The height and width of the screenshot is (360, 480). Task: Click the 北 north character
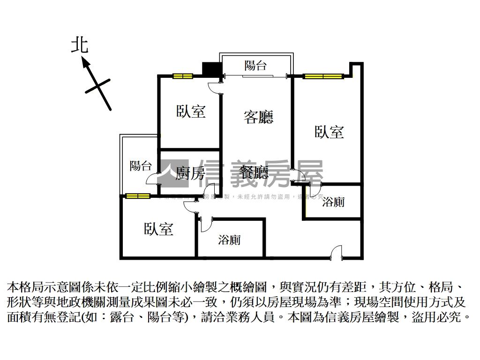tap(79, 45)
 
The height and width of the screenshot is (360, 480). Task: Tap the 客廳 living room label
tap(258, 117)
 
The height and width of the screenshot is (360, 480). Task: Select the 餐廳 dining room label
tap(254, 173)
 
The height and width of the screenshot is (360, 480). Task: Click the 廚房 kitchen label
tap(190, 173)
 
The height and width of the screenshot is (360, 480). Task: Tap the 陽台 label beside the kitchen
tap(141, 165)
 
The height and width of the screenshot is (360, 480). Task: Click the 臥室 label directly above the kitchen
tap(191, 112)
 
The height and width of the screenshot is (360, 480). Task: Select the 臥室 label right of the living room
tap(329, 132)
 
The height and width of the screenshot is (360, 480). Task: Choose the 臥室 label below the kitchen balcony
tap(158, 229)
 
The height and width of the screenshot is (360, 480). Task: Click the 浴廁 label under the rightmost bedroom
tap(334, 202)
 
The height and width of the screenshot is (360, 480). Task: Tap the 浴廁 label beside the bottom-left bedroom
tap(230, 240)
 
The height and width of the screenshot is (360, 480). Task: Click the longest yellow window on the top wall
tap(322, 75)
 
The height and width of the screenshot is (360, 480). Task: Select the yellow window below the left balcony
tap(138, 196)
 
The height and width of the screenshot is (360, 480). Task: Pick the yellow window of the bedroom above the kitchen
tap(182, 76)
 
